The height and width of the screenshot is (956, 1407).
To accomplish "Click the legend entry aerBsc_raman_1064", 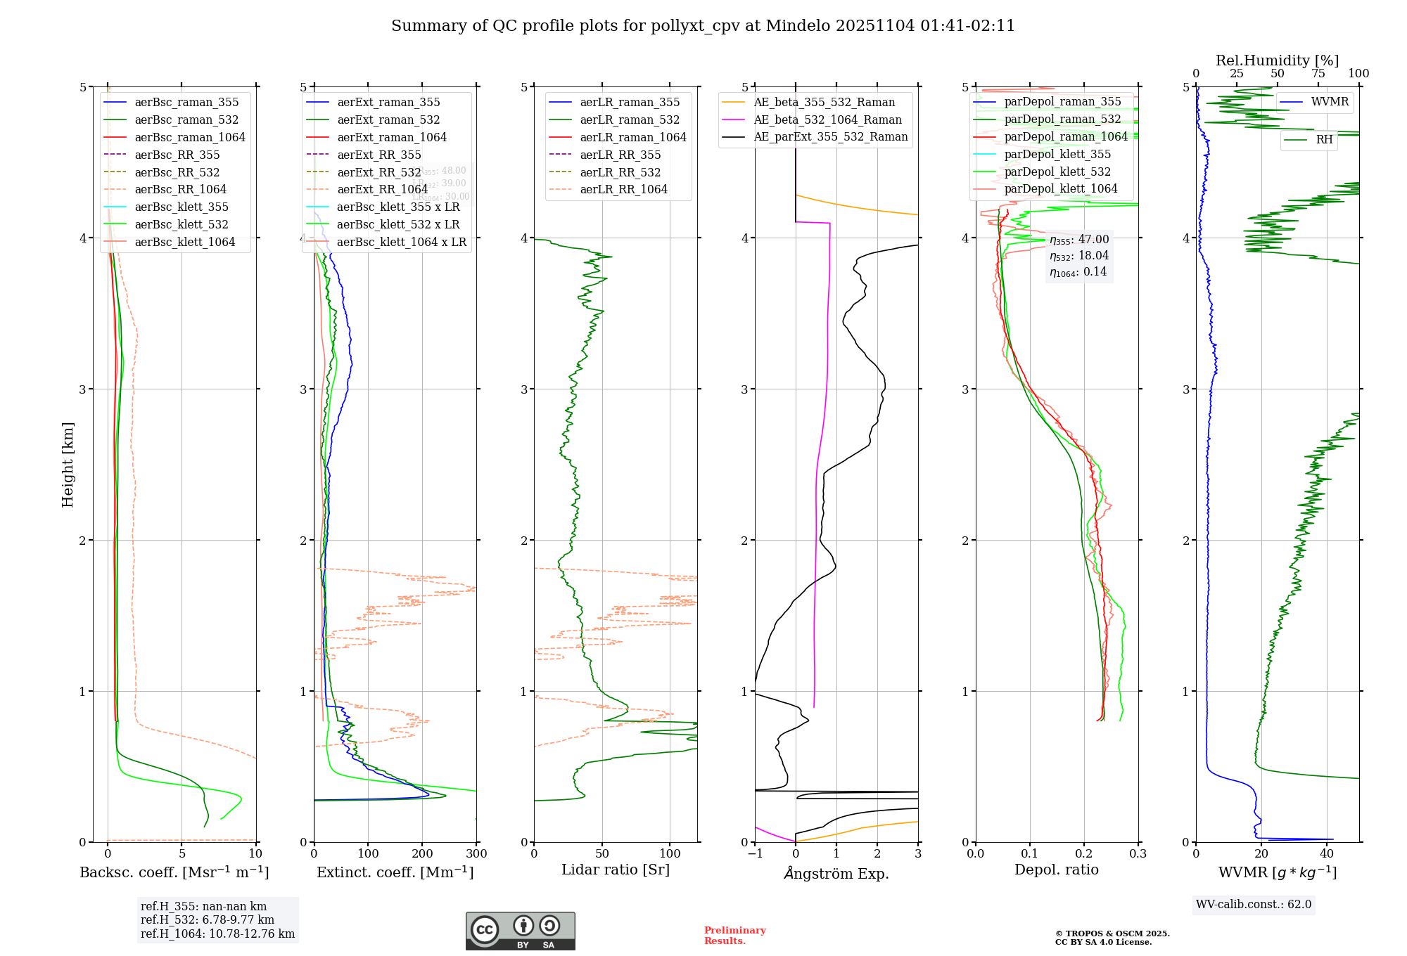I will (190, 137).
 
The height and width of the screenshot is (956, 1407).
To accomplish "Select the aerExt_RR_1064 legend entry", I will (382, 189).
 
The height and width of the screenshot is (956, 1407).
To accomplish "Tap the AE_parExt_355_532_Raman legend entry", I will (830, 136).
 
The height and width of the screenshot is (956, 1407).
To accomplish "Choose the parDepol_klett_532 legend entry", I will (1057, 172).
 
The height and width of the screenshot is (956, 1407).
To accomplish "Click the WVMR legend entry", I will (1330, 102).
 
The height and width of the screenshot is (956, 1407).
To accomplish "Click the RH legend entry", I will (1324, 140).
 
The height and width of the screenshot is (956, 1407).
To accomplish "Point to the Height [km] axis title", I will (68, 465).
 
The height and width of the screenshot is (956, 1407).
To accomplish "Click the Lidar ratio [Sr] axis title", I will (616, 870).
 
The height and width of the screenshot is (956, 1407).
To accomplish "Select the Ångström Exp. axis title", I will (836, 873).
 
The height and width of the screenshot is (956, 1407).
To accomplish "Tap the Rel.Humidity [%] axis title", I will (1277, 60).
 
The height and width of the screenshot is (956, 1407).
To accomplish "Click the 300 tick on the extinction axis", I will (477, 854).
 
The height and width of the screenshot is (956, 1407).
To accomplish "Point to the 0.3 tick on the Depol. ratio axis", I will (1138, 854).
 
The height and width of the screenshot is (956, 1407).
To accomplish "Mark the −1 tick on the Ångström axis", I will (755, 854).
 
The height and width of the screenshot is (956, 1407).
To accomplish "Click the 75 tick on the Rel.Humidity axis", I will (1318, 74).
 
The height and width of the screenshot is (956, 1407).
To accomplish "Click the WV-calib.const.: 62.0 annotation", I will (1254, 904).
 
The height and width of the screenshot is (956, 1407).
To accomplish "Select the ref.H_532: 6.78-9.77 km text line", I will (208, 919).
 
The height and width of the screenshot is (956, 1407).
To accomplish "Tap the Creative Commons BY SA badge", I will (520, 931).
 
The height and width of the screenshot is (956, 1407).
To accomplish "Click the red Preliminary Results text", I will (734, 936).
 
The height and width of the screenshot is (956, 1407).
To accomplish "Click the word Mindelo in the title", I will (798, 26).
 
